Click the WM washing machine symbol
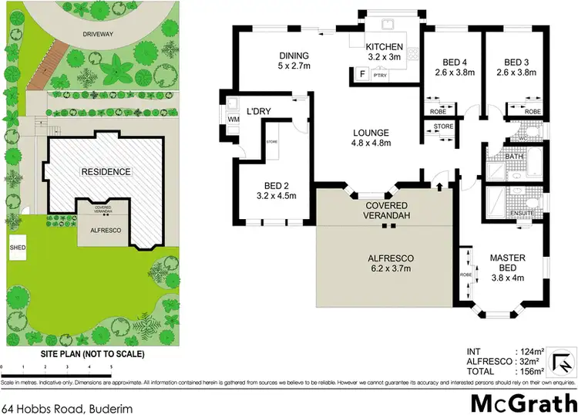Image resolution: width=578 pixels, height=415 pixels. [x=232, y=120]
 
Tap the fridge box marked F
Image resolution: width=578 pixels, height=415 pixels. [x=361, y=74]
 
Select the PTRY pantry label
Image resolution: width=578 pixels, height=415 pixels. [x=379, y=75]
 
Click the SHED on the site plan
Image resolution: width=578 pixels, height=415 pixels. [x=17, y=248]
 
